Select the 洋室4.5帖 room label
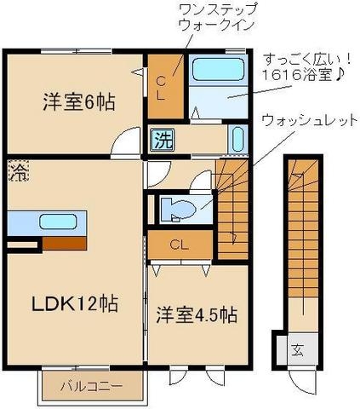(x=196, y=314)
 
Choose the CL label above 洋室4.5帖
(x=179, y=245)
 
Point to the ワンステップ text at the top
(x=215, y=12)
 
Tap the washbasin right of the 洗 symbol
(x=237, y=139)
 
